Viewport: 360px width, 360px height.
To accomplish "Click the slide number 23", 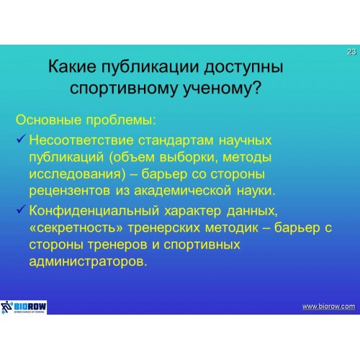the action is pyautogui.click(x=351, y=52).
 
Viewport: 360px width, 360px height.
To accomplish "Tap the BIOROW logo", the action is pyautogui.click(x=23, y=307).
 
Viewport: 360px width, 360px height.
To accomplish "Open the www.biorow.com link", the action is pyautogui.click(x=328, y=307).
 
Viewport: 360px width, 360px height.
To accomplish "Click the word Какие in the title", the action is pyautogui.click(x=72, y=66).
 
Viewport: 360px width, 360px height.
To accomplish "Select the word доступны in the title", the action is pyautogui.click(x=243, y=67).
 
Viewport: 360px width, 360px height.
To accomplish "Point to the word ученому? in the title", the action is pyautogui.click(x=222, y=89).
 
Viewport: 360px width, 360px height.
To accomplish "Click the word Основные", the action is pyautogui.click(x=48, y=120).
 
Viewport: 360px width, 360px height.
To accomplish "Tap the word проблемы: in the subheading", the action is pyautogui.click(x=121, y=120).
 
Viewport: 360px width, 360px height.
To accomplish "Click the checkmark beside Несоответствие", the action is pyautogui.click(x=21, y=139).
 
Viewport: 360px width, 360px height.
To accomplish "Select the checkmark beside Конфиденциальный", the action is pyautogui.click(x=21, y=209).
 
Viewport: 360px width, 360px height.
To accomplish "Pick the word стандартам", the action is pyautogui.click(x=176, y=140).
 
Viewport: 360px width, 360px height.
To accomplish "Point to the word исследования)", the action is pyautogui.click(x=77, y=174).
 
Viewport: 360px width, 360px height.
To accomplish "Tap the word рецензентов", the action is pyautogui.click(x=70, y=192).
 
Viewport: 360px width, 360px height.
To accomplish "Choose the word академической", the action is pyautogui.click(x=183, y=191).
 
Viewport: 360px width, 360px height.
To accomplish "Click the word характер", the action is pyautogui.click(x=193, y=211).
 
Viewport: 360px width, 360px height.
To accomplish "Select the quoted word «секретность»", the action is pyautogui.click(x=76, y=228).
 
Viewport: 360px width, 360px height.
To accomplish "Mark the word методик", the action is pyautogui.click(x=232, y=228).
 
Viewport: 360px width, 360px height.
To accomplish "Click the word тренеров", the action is pyautogui.click(x=117, y=246).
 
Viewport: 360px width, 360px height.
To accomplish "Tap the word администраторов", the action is pyautogui.click(x=88, y=262).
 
